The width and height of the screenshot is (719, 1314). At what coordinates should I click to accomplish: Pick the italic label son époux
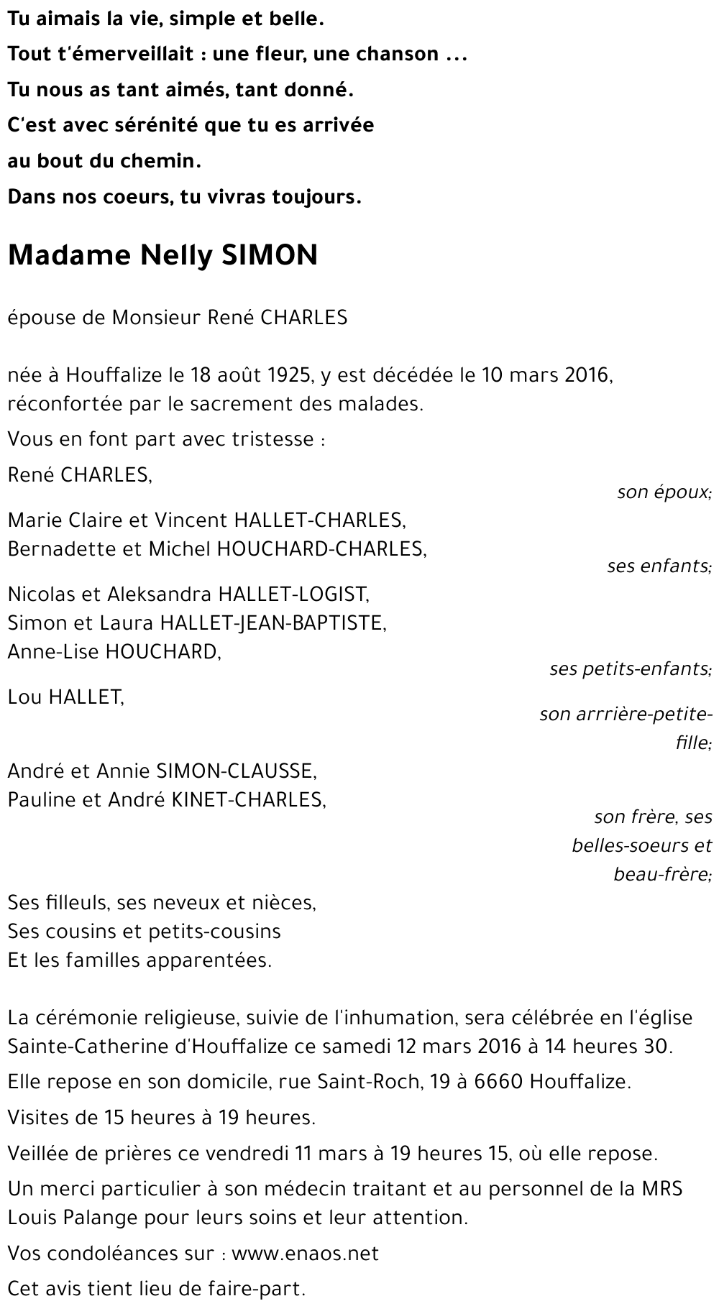point(664,492)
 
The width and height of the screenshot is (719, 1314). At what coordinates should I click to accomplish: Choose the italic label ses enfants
point(659,566)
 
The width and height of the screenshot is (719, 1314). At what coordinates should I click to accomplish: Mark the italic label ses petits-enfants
point(631,669)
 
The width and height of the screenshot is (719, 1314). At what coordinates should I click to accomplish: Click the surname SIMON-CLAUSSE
point(236,771)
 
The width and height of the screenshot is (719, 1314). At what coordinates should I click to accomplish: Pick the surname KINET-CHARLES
point(248,799)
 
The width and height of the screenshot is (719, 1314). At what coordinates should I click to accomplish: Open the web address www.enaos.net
point(305,1254)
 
